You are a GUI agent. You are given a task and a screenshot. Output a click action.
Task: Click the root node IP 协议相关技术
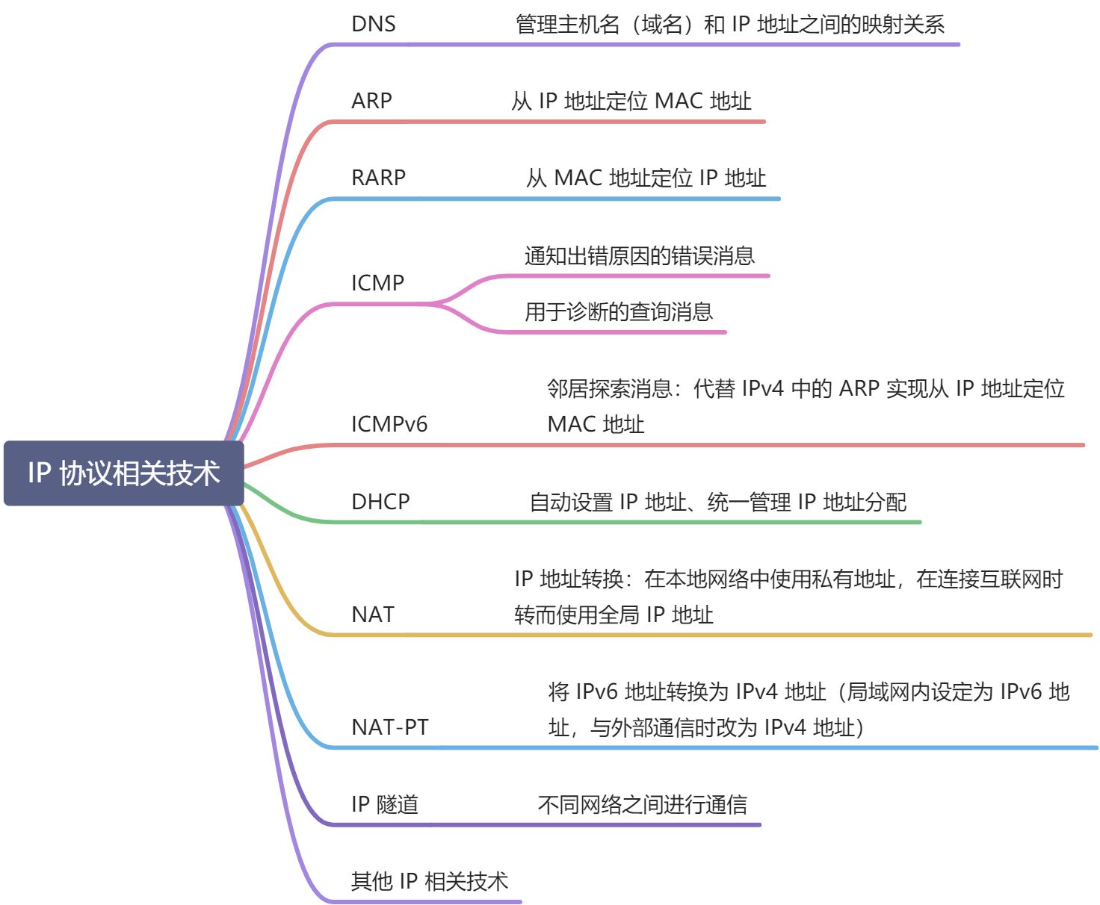tap(123, 473)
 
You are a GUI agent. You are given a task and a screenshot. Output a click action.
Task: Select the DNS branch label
tap(373, 24)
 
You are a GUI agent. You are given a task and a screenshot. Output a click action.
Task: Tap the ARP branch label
tap(371, 101)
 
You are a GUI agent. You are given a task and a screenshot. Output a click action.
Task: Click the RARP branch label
tap(378, 178)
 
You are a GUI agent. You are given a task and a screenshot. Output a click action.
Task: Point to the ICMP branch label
tap(377, 283)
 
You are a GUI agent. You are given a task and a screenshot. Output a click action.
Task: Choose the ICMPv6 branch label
tap(389, 424)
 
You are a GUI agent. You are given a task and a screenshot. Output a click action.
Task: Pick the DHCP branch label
tap(380, 502)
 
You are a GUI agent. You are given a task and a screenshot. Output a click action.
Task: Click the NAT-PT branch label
tap(389, 727)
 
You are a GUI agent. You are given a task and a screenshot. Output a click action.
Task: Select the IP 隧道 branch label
tap(384, 805)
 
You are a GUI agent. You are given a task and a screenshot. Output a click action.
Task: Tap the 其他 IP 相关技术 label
tap(429, 882)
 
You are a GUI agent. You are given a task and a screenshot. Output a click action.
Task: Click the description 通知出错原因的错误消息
tap(639, 256)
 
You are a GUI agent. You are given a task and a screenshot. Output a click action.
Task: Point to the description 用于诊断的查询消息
tap(618, 311)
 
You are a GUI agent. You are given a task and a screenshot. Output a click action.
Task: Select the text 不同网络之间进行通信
tap(642, 805)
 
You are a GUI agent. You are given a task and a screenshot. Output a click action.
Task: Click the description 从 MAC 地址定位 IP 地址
tap(646, 178)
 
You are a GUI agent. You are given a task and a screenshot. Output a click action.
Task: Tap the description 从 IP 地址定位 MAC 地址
tap(631, 102)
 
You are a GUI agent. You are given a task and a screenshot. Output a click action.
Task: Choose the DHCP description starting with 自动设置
tap(717, 503)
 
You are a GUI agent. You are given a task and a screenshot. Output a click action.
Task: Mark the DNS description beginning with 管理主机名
tap(729, 25)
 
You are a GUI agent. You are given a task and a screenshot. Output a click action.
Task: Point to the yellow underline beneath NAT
tap(710, 635)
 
